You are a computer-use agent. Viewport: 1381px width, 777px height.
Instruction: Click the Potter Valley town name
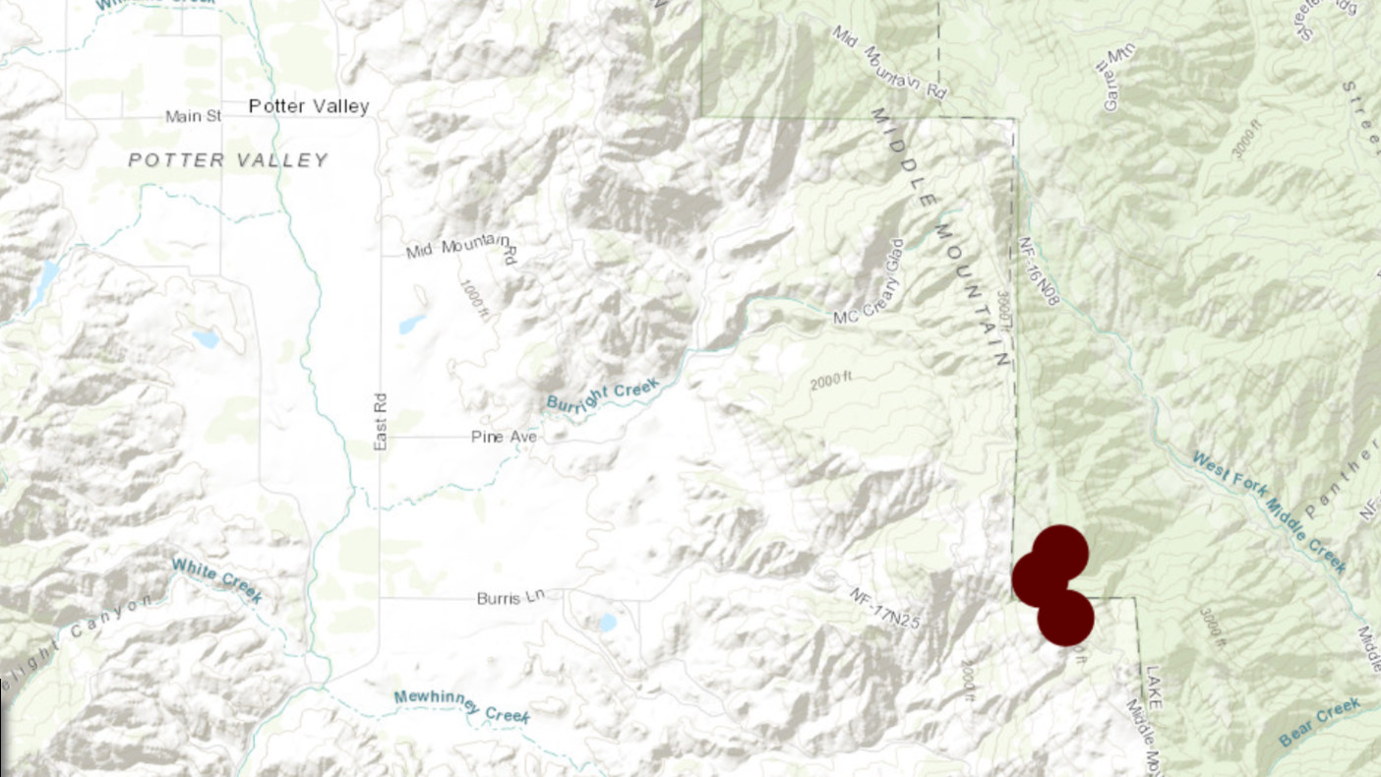pyautogui.click(x=308, y=106)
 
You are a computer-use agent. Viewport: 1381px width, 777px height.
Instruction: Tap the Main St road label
pyautogui.click(x=194, y=117)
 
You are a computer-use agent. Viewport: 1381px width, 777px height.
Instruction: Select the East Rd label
pyautogui.click(x=381, y=422)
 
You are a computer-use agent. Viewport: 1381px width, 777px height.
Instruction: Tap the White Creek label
pyautogui.click(x=216, y=580)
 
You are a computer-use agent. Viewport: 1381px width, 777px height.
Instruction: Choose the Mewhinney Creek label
pyautogui.click(x=461, y=706)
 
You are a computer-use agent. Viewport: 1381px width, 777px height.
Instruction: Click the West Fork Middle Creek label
pyautogui.click(x=1269, y=511)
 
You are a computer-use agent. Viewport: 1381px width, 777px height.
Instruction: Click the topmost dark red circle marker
pyautogui.click(x=1060, y=552)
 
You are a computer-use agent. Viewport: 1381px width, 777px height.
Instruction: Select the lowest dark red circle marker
pyautogui.click(x=1066, y=618)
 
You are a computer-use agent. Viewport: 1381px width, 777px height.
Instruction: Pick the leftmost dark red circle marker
pyautogui.click(x=1039, y=578)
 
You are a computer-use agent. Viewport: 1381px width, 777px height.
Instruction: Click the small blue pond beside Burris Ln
pyautogui.click(x=607, y=623)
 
